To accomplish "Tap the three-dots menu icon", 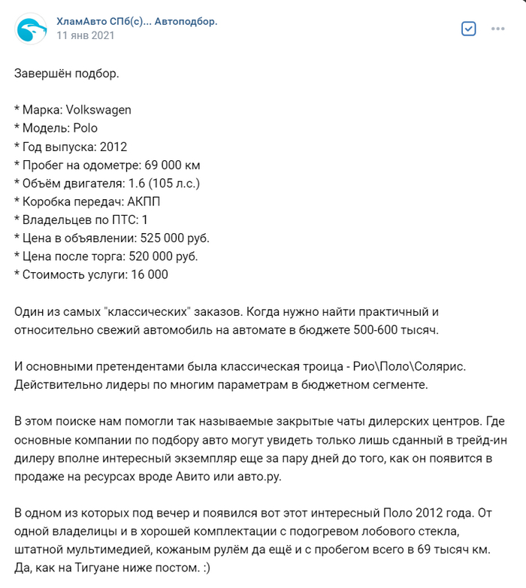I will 497,29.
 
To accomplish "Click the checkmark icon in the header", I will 468,29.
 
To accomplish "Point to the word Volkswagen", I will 98,110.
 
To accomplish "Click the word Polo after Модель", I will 86,128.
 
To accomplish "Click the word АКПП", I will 141,202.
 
